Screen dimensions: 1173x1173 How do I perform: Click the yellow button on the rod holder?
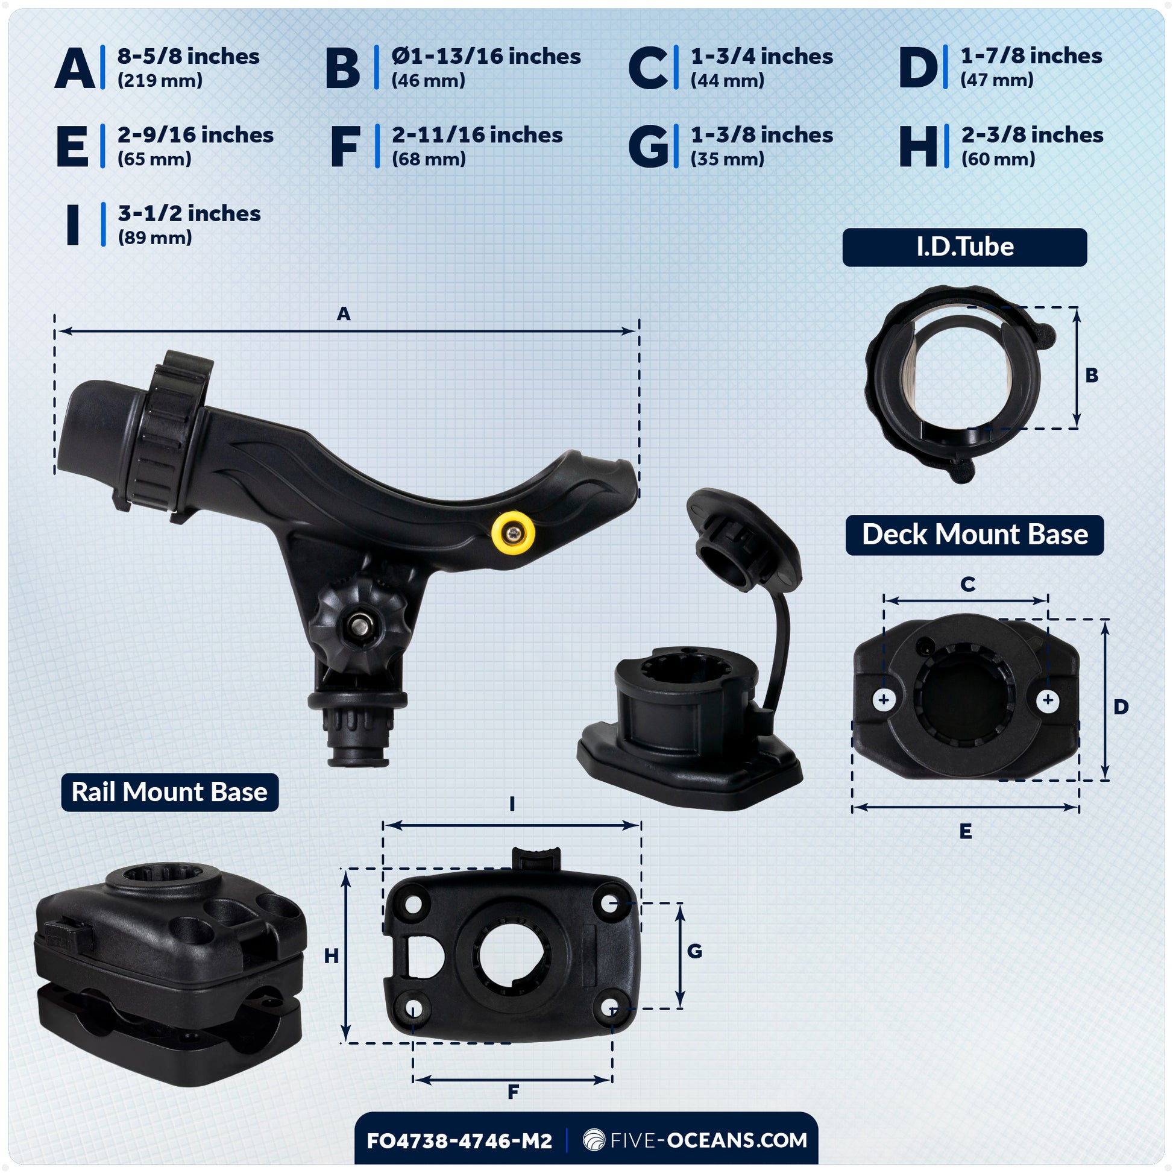tap(513, 532)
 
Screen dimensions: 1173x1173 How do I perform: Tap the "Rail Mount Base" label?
tap(169, 792)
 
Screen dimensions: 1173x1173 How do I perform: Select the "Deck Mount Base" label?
tap(975, 534)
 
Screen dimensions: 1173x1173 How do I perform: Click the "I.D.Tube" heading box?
tap(965, 247)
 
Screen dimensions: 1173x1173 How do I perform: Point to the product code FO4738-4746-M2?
tap(459, 1141)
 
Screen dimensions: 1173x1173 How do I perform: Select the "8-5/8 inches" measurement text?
tap(188, 57)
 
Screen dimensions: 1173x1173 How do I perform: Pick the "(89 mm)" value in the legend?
tap(155, 237)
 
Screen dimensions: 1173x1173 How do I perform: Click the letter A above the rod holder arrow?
tap(344, 314)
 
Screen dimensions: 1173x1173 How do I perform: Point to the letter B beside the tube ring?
tap(1092, 375)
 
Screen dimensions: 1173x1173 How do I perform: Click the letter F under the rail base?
tap(513, 1092)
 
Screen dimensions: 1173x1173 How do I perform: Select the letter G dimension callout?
tap(694, 951)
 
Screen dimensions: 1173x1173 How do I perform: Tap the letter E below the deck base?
tap(966, 831)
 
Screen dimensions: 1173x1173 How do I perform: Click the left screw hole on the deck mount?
tap(884, 699)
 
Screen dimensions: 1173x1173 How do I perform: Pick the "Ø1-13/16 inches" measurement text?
tap(486, 57)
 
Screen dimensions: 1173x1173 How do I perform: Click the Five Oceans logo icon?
tap(594, 1140)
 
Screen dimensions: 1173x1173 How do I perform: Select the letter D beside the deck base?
tap(1121, 706)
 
